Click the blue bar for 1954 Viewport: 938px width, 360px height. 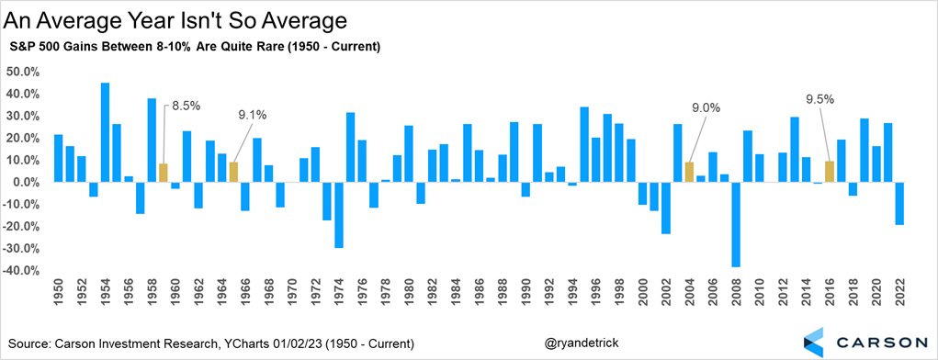coord(105,132)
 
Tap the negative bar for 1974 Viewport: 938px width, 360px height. coord(339,215)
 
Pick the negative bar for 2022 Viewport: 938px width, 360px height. coord(898,203)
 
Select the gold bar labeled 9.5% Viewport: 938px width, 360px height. coord(829,172)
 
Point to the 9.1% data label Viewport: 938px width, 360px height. coord(248,116)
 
